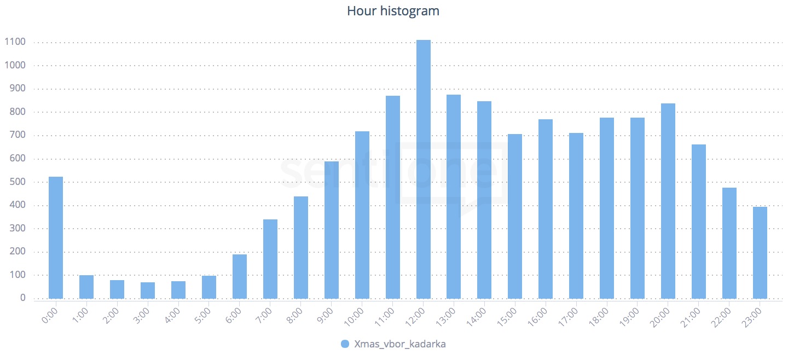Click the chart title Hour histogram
(393, 11)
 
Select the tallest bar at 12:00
(424, 170)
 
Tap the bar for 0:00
(56, 238)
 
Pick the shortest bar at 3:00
(148, 291)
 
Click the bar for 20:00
(668, 201)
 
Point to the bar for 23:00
(760, 253)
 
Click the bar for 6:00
(240, 276)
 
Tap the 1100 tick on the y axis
(15, 42)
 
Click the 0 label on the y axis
(22, 298)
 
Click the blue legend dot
(345, 344)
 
